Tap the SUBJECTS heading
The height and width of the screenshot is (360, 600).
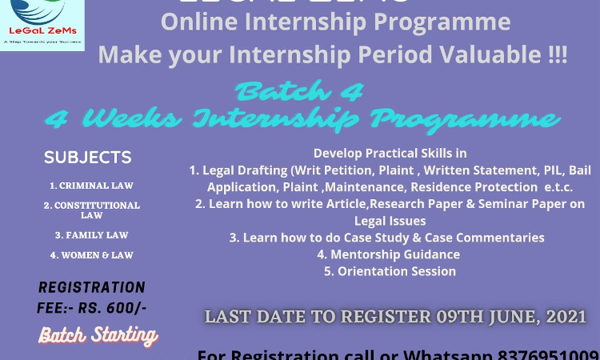pyautogui.click(x=88, y=158)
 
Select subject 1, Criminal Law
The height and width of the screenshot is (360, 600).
pyautogui.click(x=91, y=186)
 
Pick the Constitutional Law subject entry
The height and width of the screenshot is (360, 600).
pyautogui.click(x=91, y=210)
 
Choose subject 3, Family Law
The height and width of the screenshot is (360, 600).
pyautogui.click(x=91, y=235)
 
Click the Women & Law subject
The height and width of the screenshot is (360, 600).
pyautogui.click(x=91, y=255)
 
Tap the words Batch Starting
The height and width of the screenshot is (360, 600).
pyautogui.click(x=98, y=334)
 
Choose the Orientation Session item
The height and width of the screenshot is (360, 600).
pyautogui.click(x=390, y=271)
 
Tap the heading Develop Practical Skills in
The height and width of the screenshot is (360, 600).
pyautogui.click(x=390, y=153)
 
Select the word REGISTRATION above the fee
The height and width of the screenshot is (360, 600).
pyautogui.click(x=91, y=287)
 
